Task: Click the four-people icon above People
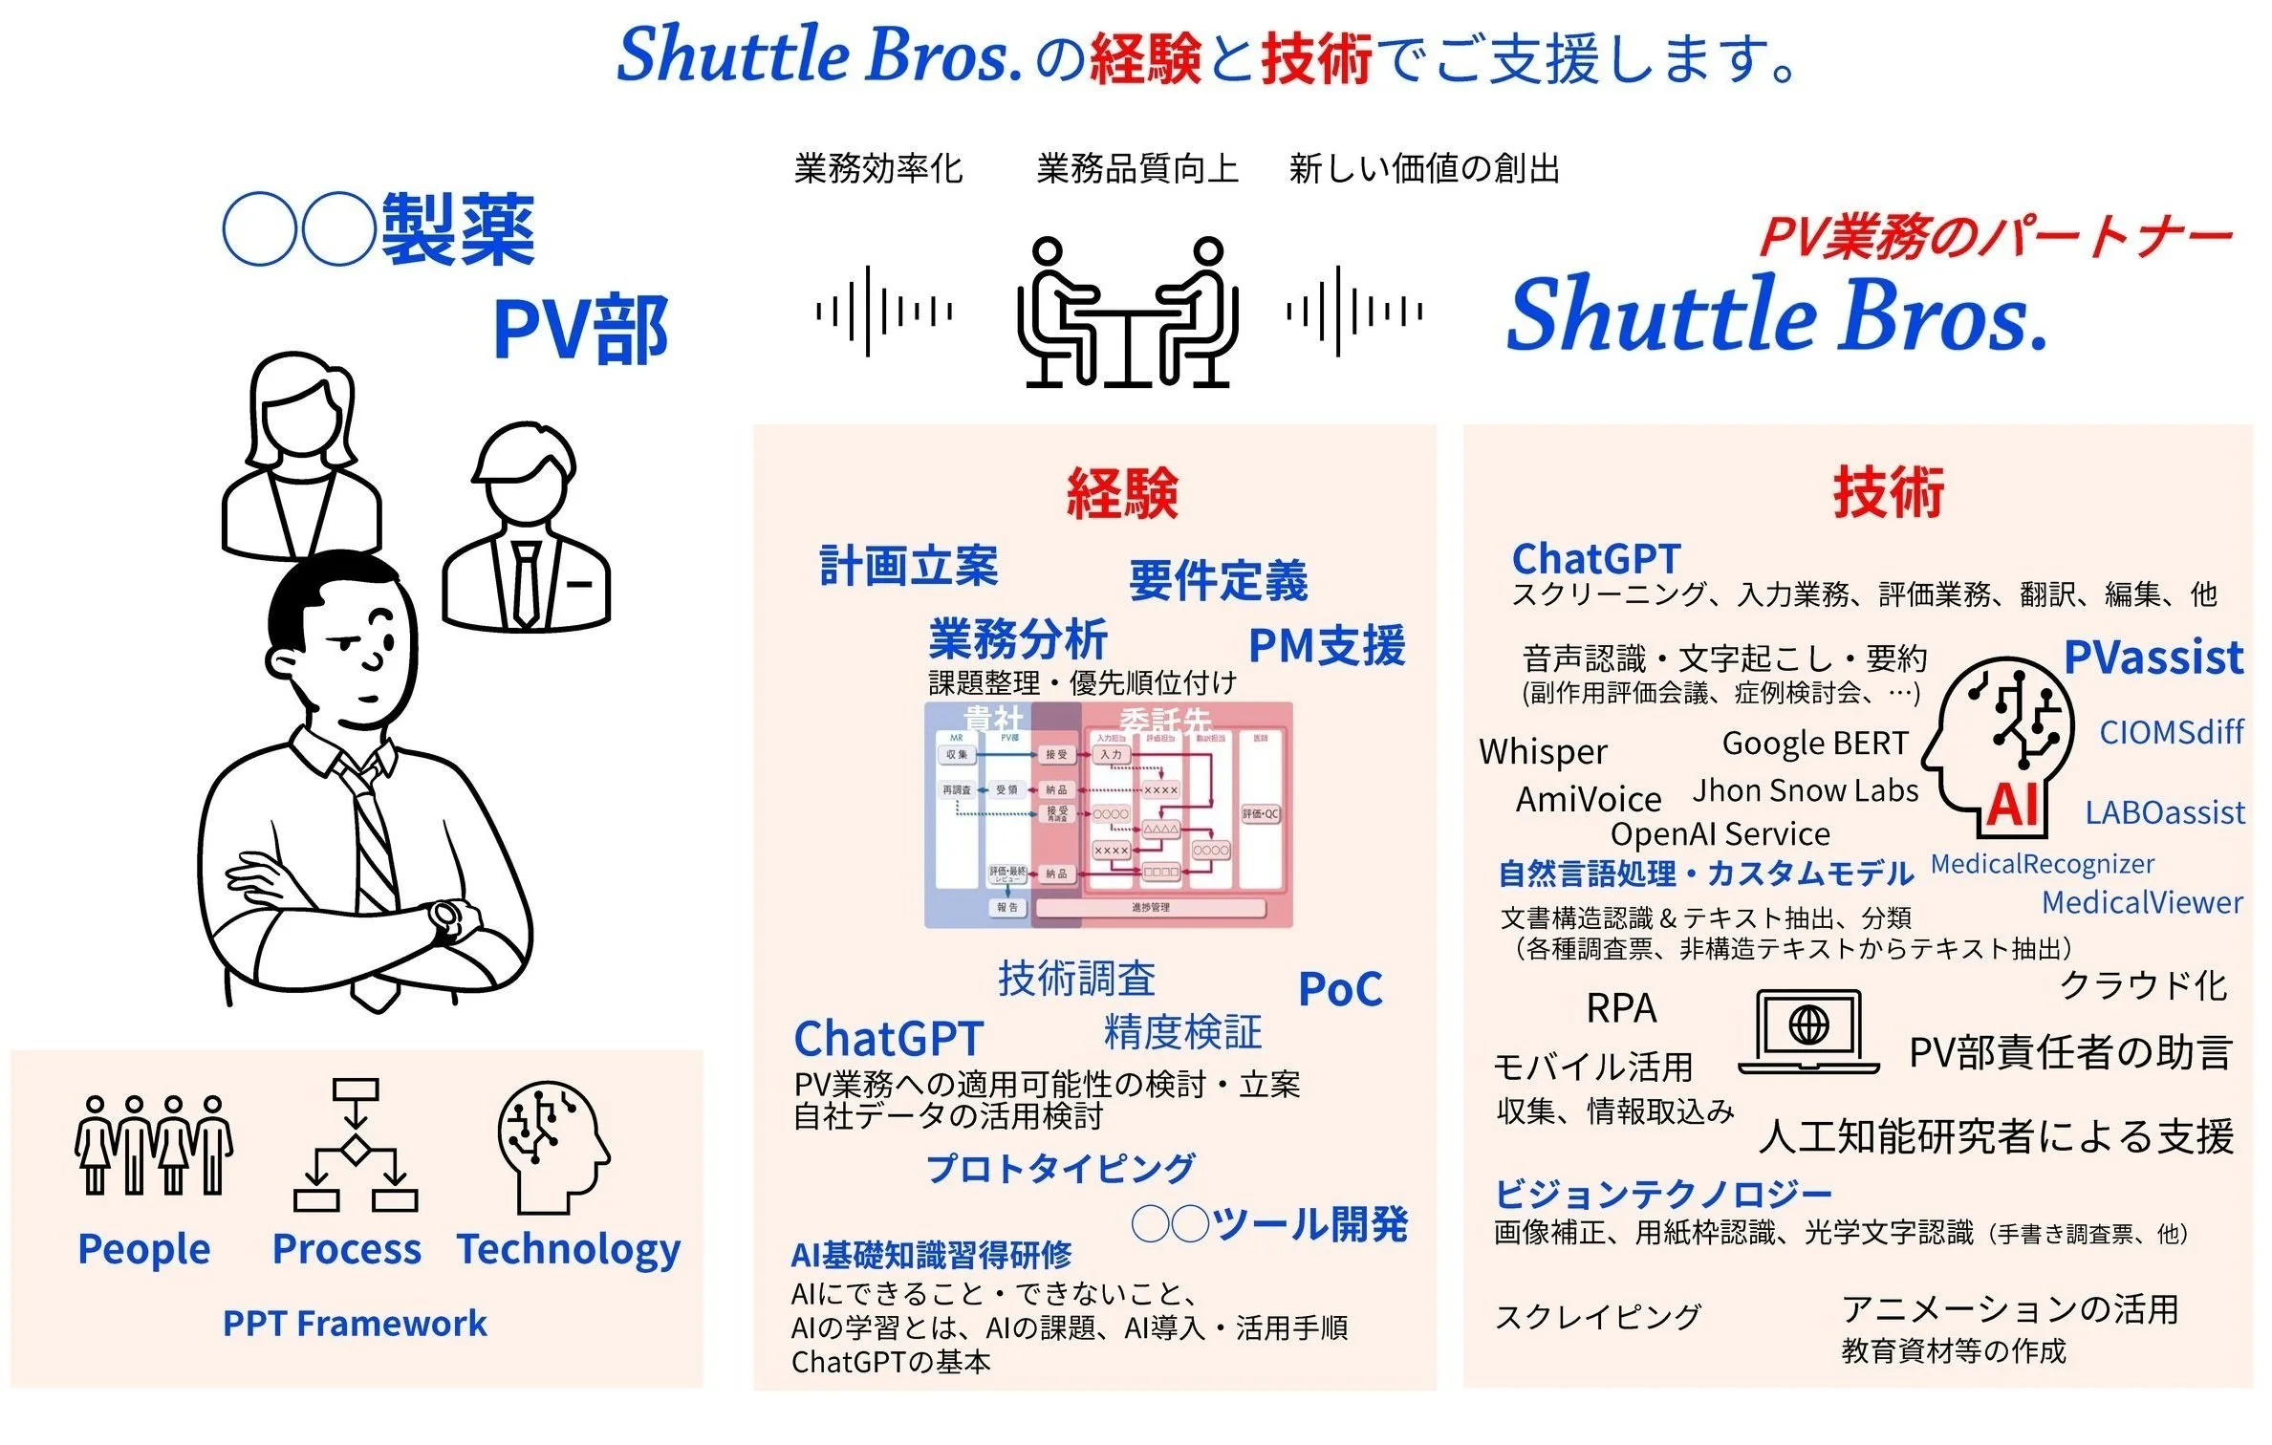153,1145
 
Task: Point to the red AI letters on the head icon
2013,805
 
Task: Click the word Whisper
1543,752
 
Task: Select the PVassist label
2153,658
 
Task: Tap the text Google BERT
1814,743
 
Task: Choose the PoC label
1340,990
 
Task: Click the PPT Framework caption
355,1324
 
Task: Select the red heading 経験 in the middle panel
1122,493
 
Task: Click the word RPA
1621,1008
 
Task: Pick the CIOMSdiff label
2171,732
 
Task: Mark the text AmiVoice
1589,799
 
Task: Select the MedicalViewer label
2141,902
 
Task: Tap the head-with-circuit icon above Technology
552,1145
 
